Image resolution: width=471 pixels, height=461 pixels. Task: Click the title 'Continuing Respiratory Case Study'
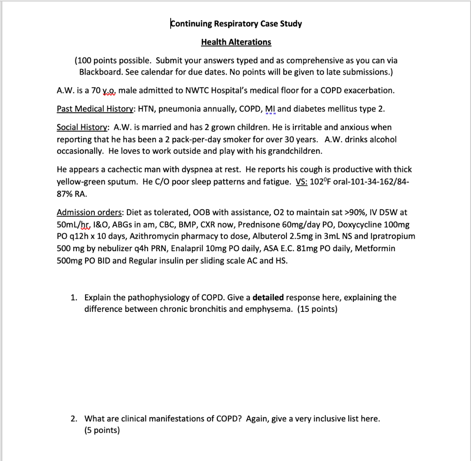(236, 23)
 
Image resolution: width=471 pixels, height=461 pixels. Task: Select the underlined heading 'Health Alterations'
(236, 42)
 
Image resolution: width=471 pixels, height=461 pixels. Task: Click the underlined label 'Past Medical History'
(95, 109)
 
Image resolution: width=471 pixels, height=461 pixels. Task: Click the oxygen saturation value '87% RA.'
(72, 193)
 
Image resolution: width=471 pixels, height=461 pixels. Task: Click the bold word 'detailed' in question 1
(268, 297)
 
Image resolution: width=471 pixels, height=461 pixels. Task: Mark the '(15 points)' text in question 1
(317, 309)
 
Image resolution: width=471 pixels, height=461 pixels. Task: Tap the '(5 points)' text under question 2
(102, 431)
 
